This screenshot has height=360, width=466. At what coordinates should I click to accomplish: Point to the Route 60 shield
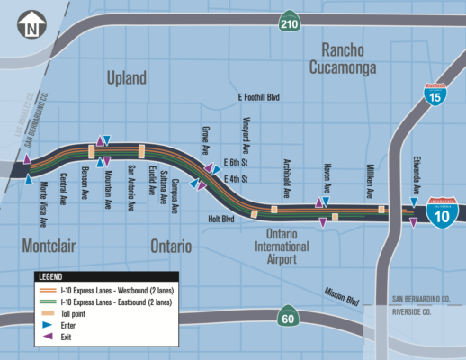(288, 315)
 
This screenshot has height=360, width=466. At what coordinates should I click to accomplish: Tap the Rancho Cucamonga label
(354, 57)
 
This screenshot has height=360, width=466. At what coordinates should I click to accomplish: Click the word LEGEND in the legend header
(55, 276)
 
